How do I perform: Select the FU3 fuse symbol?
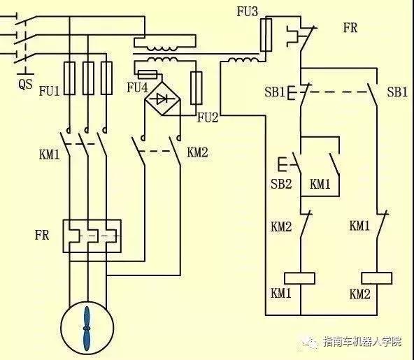(x=265, y=35)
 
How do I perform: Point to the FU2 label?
(x=208, y=117)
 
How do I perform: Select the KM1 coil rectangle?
(x=300, y=277)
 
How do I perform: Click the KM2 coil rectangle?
(x=380, y=277)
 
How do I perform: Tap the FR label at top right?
(x=351, y=28)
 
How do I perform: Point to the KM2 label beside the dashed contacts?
(x=198, y=152)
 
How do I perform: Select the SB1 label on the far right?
(x=397, y=92)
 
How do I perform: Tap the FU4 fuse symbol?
(x=148, y=73)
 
